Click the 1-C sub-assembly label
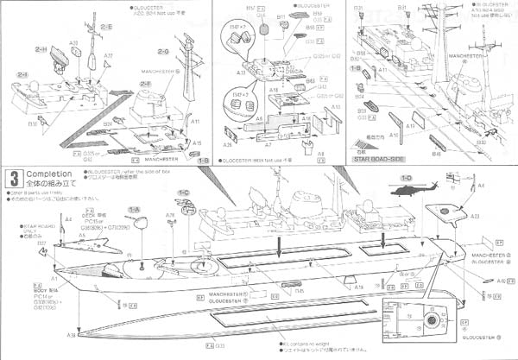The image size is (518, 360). pos(184,193)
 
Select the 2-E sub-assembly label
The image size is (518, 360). pos(104,27)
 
